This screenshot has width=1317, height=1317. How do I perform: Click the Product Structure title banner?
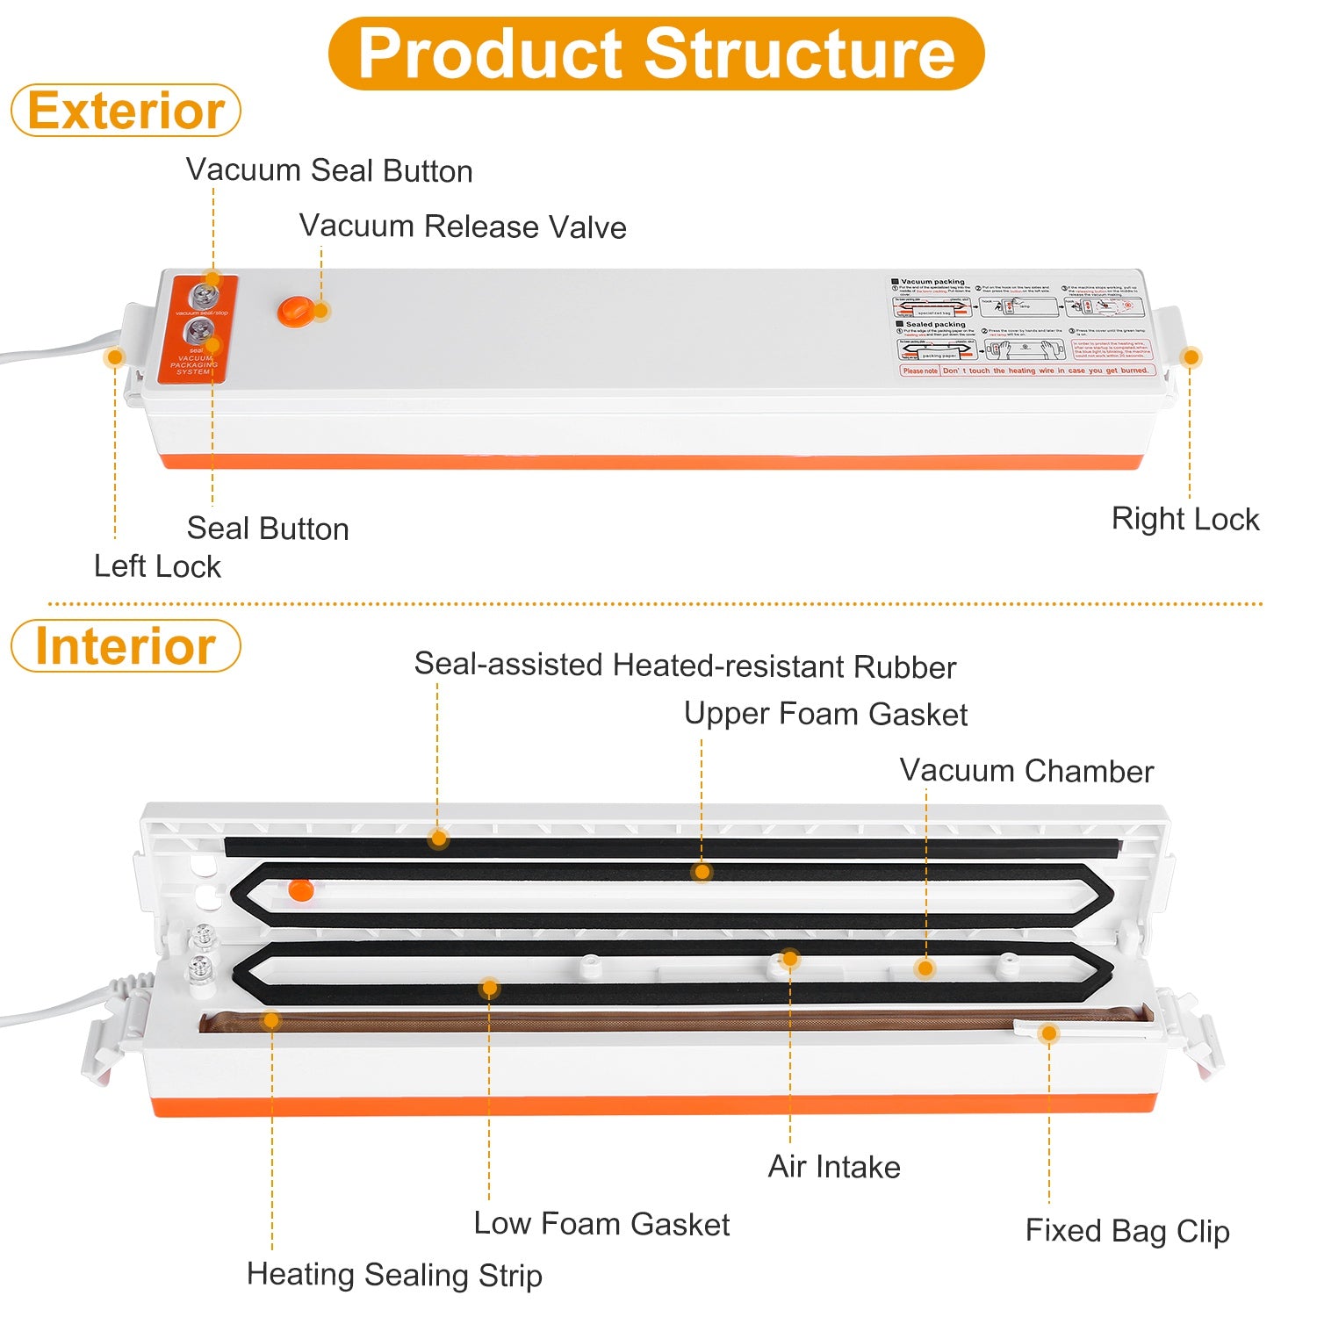click(x=656, y=54)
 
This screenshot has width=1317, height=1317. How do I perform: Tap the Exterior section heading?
click(x=126, y=111)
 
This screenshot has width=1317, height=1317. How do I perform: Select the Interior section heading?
click(x=126, y=646)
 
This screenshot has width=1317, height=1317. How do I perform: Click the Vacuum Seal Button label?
click(x=329, y=170)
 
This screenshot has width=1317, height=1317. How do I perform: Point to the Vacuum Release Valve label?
click(x=463, y=227)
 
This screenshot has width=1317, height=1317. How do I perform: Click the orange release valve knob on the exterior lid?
click(x=296, y=311)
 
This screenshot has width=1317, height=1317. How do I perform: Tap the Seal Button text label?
click(x=268, y=529)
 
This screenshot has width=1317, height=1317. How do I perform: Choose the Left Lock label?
click(x=157, y=566)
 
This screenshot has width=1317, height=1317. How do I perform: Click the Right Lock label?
click(x=1185, y=519)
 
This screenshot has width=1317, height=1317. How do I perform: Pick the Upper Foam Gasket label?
click(x=825, y=714)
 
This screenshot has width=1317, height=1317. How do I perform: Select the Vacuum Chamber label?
click(x=1026, y=771)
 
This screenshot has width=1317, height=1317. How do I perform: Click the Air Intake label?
click(x=834, y=1167)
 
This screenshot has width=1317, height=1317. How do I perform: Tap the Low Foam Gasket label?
click(x=601, y=1224)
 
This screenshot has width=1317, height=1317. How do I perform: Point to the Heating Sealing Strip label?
click(x=394, y=1275)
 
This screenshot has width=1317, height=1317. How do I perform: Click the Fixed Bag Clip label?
click(x=1127, y=1231)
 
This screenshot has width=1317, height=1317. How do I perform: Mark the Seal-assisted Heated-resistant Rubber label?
click(x=685, y=666)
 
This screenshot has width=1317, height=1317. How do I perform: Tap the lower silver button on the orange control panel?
click(x=199, y=333)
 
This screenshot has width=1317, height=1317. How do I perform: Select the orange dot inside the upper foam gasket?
click(x=300, y=889)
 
